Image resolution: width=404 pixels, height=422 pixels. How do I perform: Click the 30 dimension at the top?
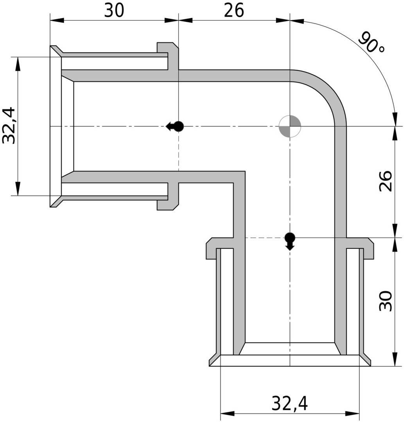(x=114, y=11)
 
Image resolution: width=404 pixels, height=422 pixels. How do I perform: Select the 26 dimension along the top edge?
(x=234, y=11)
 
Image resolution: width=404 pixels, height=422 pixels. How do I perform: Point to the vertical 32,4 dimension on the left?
(x=9, y=126)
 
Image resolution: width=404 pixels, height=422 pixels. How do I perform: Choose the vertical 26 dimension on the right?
(x=386, y=181)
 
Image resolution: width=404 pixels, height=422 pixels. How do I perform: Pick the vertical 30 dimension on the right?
(x=386, y=301)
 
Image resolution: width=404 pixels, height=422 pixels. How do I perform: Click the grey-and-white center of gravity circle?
(x=290, y=126)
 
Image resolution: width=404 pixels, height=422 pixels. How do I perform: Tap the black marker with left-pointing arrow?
(x=175, y=126)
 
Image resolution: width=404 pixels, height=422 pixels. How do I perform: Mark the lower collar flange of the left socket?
(x=168, y=196)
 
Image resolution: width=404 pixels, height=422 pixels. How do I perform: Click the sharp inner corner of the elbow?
(x=245, y=171)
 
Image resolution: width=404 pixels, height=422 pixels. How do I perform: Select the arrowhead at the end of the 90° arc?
(x=395, y=119)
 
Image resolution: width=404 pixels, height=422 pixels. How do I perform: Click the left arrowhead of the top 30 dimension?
(x=57, y=20)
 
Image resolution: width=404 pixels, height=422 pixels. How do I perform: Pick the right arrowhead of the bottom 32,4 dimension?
(x=352, y=413)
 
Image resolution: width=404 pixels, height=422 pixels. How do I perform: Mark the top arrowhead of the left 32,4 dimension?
(x=18, y=64)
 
